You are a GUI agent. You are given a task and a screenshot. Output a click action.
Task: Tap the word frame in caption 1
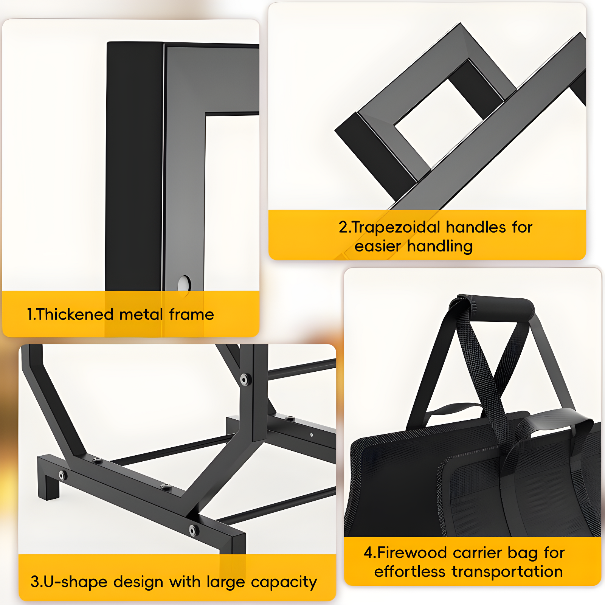tap(191, 315)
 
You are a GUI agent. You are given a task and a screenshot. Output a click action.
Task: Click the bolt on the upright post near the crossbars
tap(244, 379)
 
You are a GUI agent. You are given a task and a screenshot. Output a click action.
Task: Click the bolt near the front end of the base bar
tap(194, 531)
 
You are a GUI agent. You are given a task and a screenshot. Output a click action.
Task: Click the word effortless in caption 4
tap(410, 572)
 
